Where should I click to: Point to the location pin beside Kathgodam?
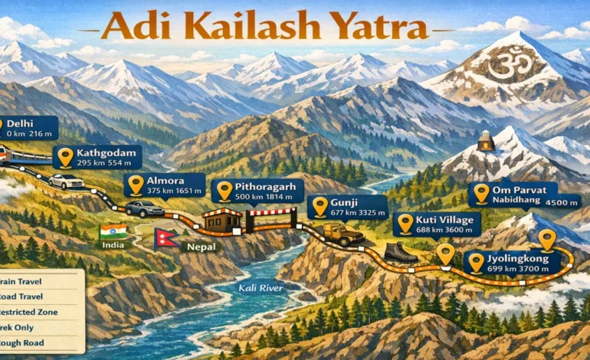(66, 157)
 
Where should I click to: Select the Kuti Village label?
(438, 224)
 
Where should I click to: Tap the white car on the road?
(66, 182)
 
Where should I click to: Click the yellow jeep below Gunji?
(342, 233)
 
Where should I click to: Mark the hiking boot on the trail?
(400, 251)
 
